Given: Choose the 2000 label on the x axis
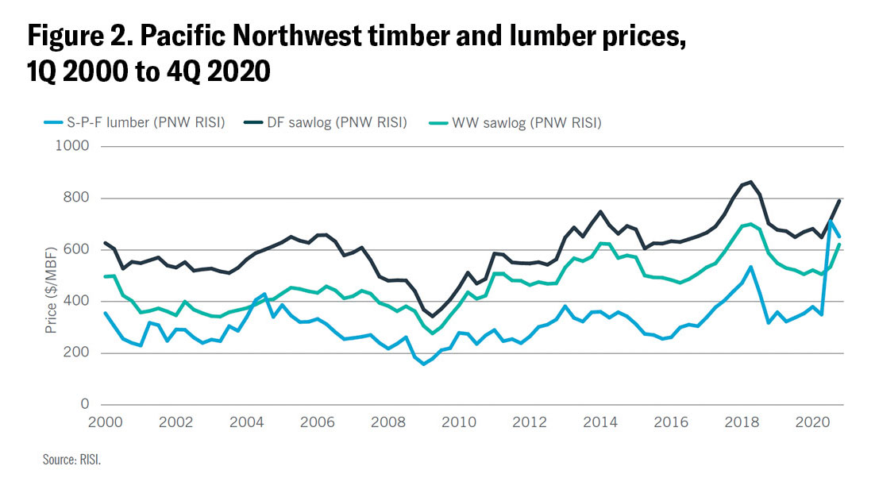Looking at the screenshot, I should [105, 422].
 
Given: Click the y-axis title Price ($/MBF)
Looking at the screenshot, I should [52, 282].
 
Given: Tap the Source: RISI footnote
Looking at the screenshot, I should [72, 459].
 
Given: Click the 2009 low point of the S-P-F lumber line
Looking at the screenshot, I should [424, 364].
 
